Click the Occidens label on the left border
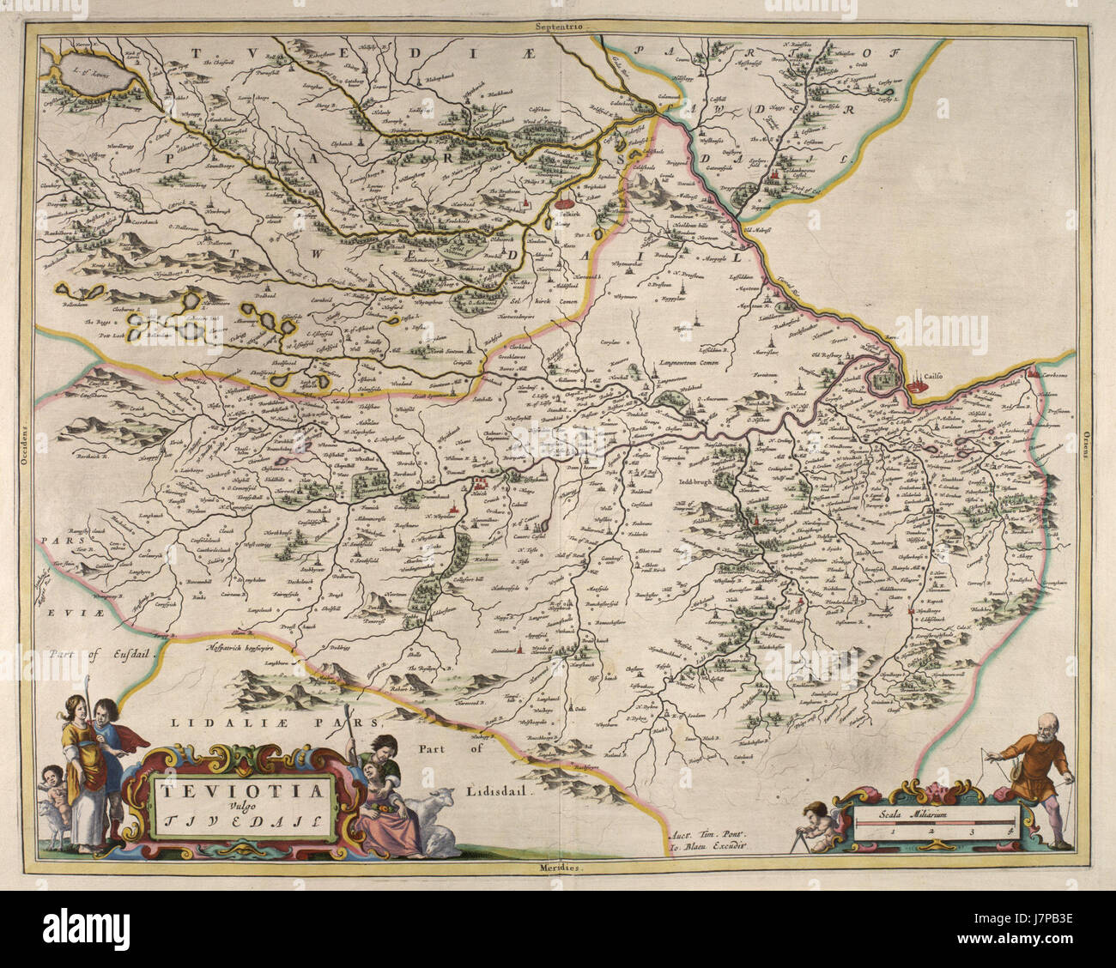tap(26, 447)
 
